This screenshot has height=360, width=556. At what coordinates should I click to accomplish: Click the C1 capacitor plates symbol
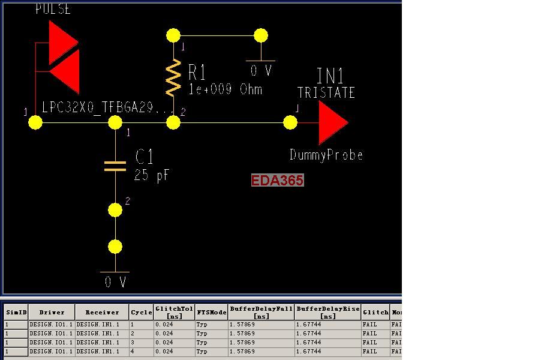[x=115, y=166]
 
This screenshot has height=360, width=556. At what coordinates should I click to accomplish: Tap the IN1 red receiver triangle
[x=331, y=122]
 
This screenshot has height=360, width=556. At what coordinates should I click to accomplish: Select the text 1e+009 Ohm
[x=226, y=89]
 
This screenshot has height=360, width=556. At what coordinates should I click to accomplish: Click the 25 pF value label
[x=152, y=175]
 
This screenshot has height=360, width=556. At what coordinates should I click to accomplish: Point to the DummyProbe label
[x=326, y=155]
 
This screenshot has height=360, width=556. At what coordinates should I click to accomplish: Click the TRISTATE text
[x=326, y=92]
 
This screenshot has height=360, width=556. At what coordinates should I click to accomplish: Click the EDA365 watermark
[x=277, y=180]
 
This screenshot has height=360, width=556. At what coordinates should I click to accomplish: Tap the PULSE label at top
[x=53, y=8]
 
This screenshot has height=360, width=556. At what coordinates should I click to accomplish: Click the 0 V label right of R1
[x=261, y=71]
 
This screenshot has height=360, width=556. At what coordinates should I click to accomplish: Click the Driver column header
[x=52, y=312]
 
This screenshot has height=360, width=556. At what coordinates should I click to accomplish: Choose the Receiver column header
[x=102, y=312]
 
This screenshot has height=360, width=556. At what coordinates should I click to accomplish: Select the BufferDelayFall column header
[x=261, y=312]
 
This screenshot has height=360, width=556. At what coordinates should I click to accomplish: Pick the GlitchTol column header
[x=174, y=312]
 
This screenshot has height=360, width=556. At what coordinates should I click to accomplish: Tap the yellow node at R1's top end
[x=173, y=35]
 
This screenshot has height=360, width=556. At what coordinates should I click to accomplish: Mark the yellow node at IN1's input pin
[x=290, y=122]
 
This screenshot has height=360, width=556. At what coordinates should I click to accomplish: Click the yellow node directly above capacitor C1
[x=115, y=122]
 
